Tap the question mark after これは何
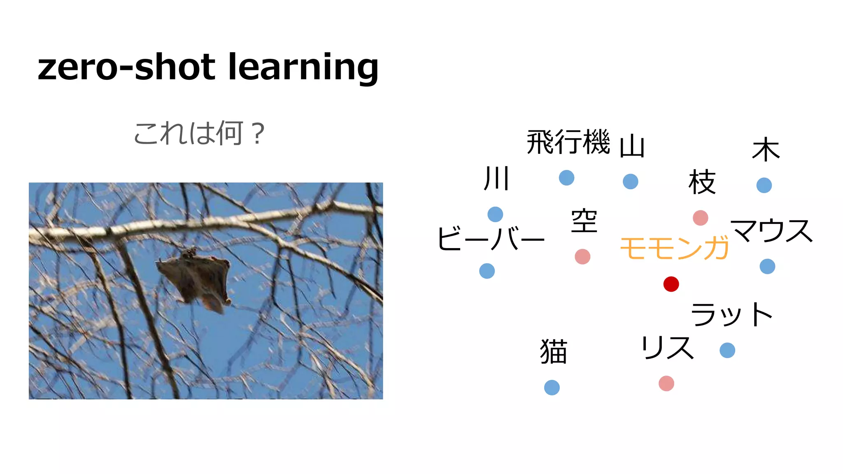[258, 134]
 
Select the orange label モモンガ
[674, 248]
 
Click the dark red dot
[671, 284]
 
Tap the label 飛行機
[568, 142]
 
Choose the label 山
[632, 146]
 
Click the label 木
[766, 150]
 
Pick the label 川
[497, 179]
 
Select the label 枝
[702, 182]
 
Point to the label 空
[584, 221]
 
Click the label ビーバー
[491, 239]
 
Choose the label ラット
[731, 314]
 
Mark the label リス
[667, 348]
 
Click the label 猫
[554, 351]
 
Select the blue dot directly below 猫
[552, 387]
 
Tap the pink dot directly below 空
[582, 256]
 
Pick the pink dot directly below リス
[666, 383]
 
